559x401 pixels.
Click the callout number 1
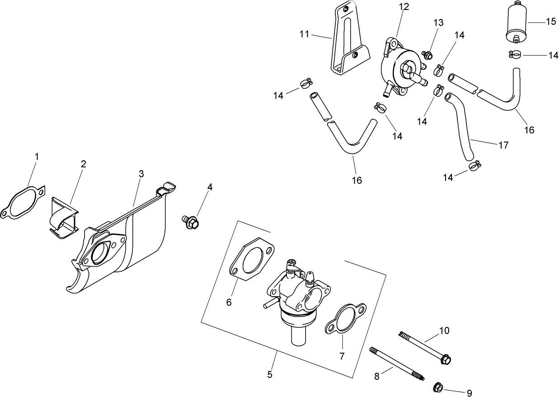[x=37, y=156]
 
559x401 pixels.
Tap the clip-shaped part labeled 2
[x=64, y=217]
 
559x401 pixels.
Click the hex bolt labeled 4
[x=192, y=222]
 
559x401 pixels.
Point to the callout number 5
[x=270, y=374]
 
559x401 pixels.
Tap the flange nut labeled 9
[x=437, y=387]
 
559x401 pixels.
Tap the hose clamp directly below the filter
[x=515, y=55]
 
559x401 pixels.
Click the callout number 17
[x=503, y=145]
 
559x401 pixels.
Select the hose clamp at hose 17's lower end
[x=474, y=167]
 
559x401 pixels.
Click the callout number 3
[x=141, y=173]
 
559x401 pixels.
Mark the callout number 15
[x=551, y=22]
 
